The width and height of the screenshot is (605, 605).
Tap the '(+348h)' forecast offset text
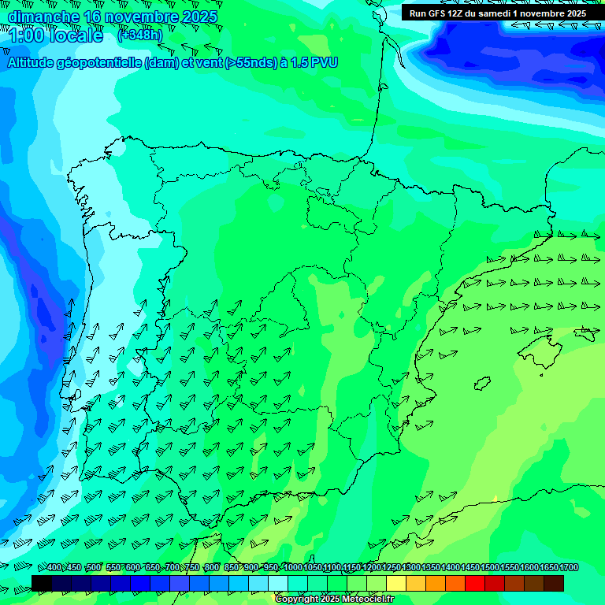(140, 35)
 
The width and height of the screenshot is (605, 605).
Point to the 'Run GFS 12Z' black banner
(497, 13)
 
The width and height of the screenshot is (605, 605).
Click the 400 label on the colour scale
(54, 568)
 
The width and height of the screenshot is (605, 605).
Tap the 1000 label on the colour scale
(293, 568)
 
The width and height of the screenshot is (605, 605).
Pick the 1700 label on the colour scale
(569, 568)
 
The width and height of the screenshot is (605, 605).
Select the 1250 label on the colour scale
(392, 568)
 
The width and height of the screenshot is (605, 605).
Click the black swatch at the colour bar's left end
(42, 583)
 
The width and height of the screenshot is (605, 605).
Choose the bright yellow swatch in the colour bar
(396, 583)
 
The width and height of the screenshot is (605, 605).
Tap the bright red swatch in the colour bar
(475, 583)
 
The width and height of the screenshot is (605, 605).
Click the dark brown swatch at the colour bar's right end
(554, 583)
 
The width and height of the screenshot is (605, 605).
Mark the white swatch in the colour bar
(278, 583)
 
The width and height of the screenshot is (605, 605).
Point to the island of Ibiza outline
(483, 384)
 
